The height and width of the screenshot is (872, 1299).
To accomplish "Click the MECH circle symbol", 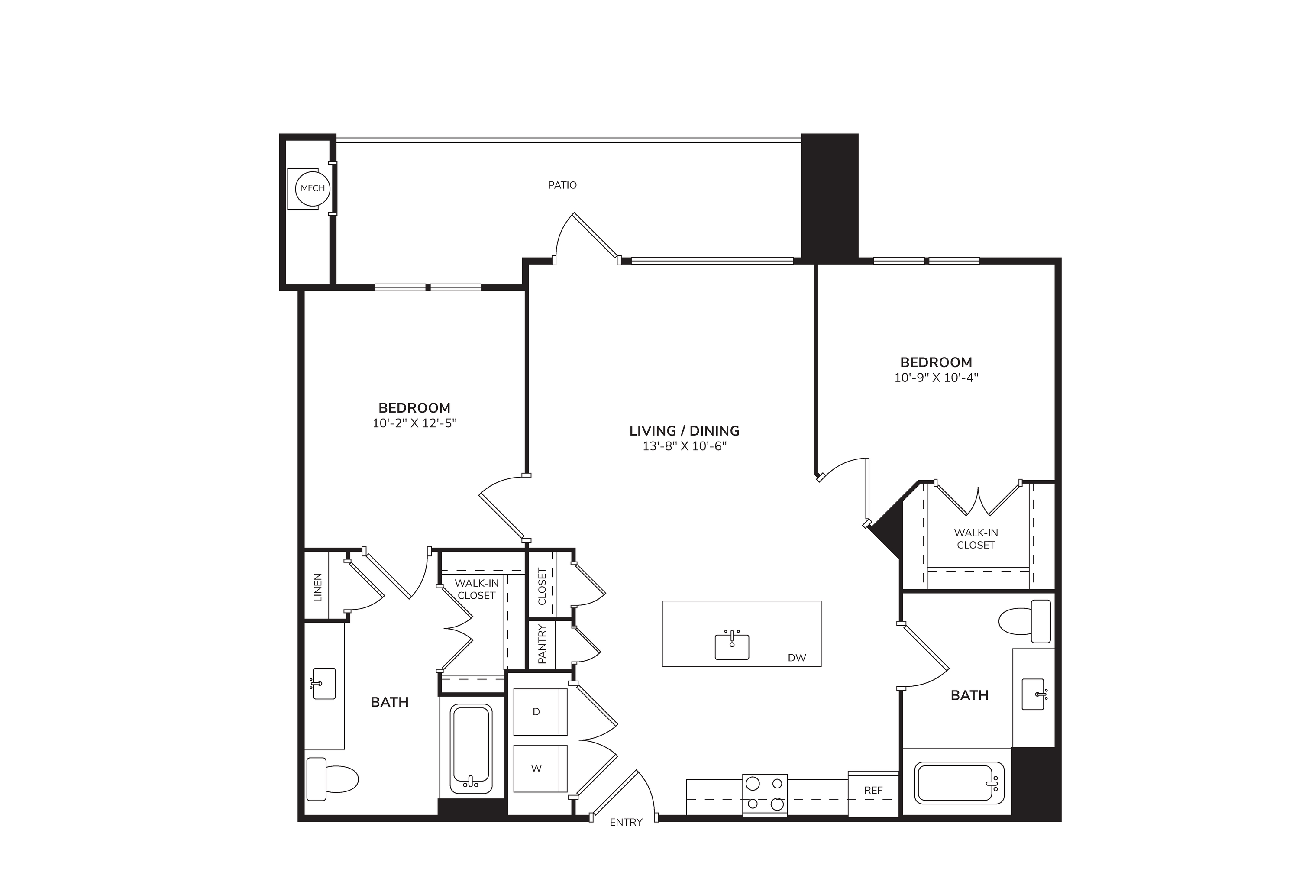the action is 313,188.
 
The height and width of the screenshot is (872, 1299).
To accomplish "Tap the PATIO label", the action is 562,185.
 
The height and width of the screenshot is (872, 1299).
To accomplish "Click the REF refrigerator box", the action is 873,794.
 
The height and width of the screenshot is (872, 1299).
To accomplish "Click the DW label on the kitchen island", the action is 797,658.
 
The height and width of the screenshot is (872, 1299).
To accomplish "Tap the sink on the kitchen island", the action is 732,645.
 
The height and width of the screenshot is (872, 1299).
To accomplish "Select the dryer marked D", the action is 540,712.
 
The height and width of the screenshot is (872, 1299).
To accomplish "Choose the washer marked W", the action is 540,769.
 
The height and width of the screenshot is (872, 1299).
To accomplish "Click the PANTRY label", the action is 542,644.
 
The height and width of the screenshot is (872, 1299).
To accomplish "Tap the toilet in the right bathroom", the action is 1025,622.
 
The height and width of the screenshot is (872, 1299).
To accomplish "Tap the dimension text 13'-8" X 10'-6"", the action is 685,446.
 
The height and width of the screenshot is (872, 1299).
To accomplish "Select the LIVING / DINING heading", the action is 685,430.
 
